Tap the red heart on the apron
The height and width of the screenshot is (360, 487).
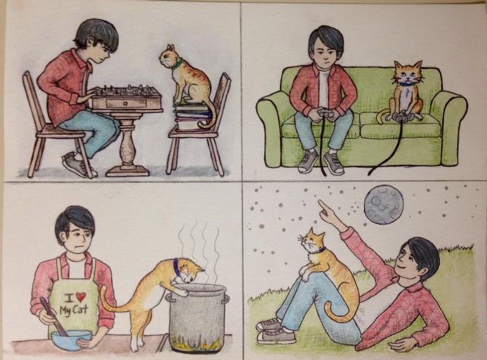coord(81,297)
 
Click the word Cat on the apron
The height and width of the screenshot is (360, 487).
coord(80,309)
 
